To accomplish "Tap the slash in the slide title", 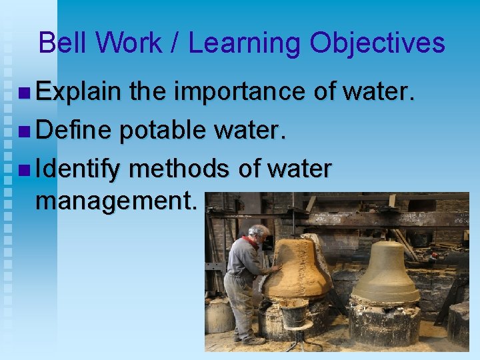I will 173,43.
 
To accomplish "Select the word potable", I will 163,132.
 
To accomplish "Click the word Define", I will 73,132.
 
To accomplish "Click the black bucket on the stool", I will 293,312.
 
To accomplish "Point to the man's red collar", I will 251,241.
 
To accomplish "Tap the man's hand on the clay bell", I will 275,269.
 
